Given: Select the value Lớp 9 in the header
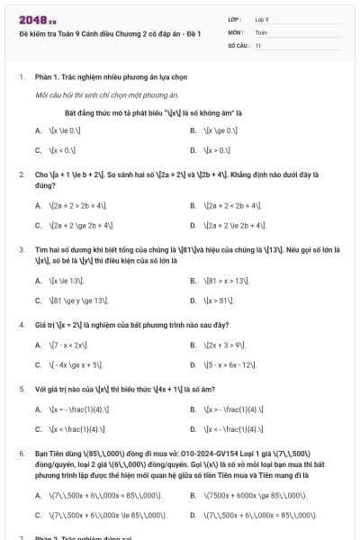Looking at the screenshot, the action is [262, 19].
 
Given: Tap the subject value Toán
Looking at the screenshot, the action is [261, 31].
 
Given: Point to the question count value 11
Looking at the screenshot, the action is [258, 44].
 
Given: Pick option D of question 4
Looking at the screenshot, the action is [229, 364].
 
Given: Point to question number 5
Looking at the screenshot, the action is [21, 389].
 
